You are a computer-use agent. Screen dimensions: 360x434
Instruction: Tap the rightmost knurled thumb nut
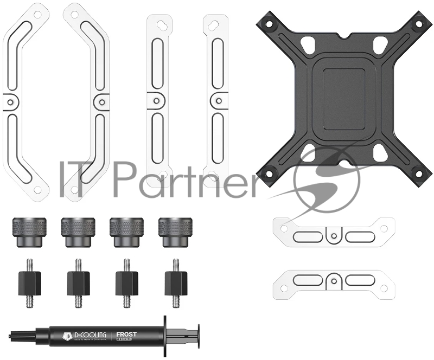(x=172, y=232)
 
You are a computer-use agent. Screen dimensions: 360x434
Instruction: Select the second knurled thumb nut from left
(x=76, y=232)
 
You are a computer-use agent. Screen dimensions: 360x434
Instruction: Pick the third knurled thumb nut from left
(x=124, y=232)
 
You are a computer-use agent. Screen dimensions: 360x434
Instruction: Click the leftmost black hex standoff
(x=30, y=281)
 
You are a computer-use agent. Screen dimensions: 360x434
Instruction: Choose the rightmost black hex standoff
(x=175, y=281)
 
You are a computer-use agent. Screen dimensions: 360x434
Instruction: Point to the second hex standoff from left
(x=78, y=281)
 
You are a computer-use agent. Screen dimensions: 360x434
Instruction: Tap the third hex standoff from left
(x=126, y=281)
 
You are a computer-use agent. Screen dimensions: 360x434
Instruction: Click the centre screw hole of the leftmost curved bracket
(x=10, y=100)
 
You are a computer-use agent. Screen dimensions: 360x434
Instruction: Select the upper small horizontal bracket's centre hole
(x=335, y=235)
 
